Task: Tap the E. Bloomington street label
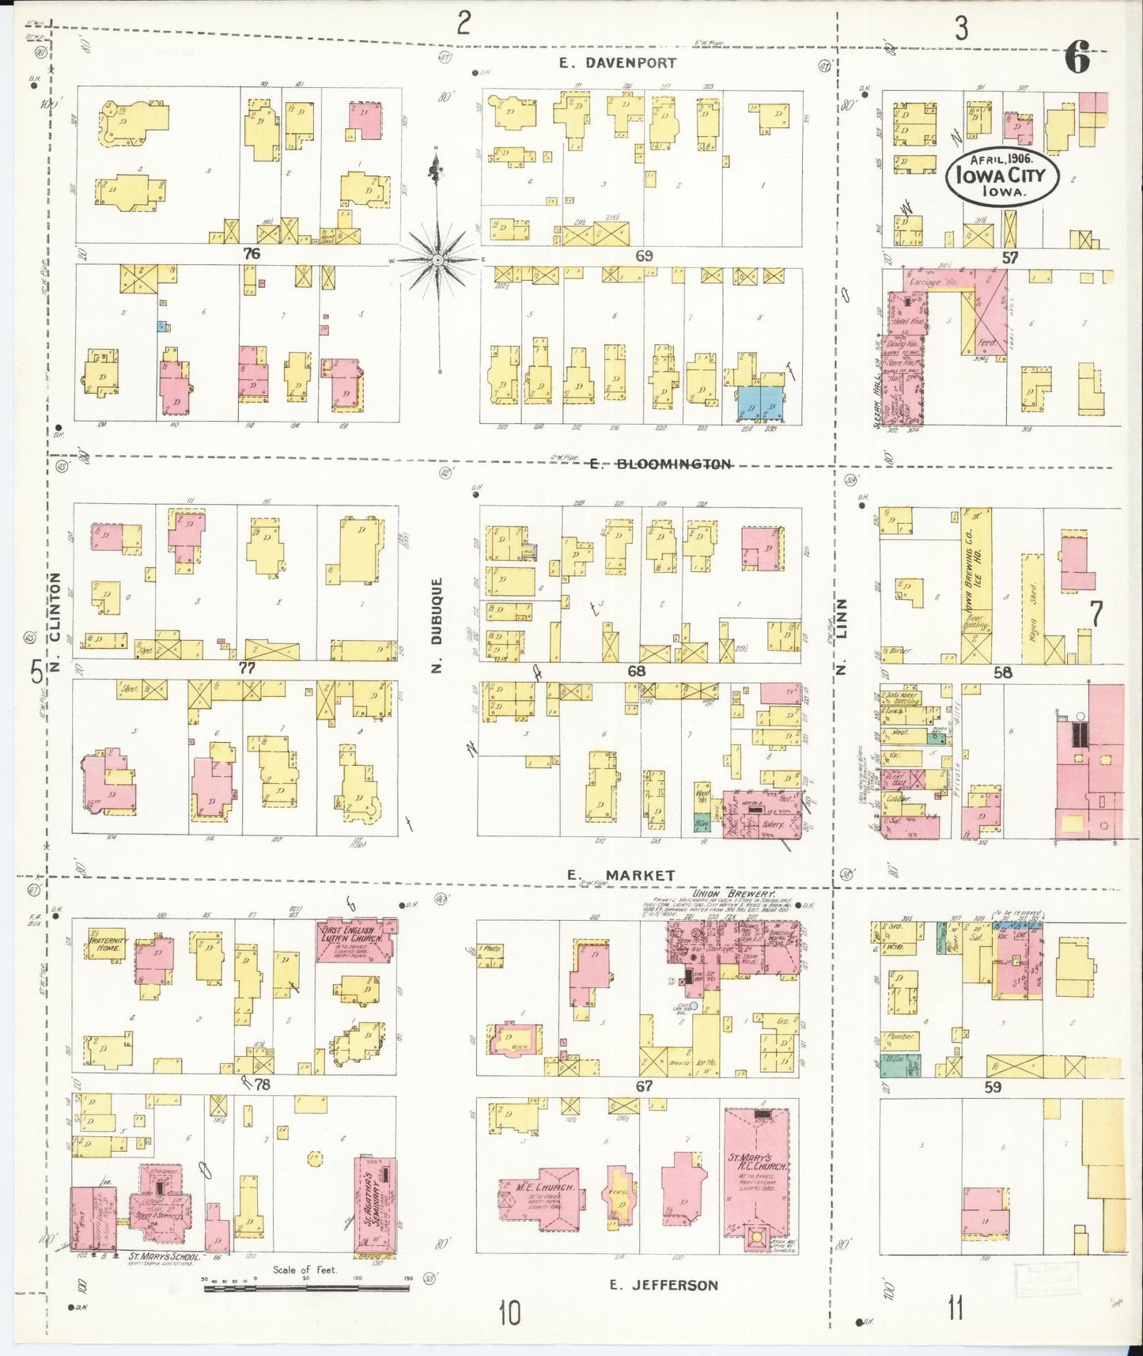(660, 464)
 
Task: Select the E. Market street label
(621, 875)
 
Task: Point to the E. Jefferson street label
(664, 1285)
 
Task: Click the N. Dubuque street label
(437, 625)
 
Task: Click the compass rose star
(437, 259)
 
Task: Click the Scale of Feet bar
(306, 1288)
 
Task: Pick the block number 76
(252, 254)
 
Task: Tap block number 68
(636, 671)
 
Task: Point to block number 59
(994, 1088)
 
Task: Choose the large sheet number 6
(1077, 58)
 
